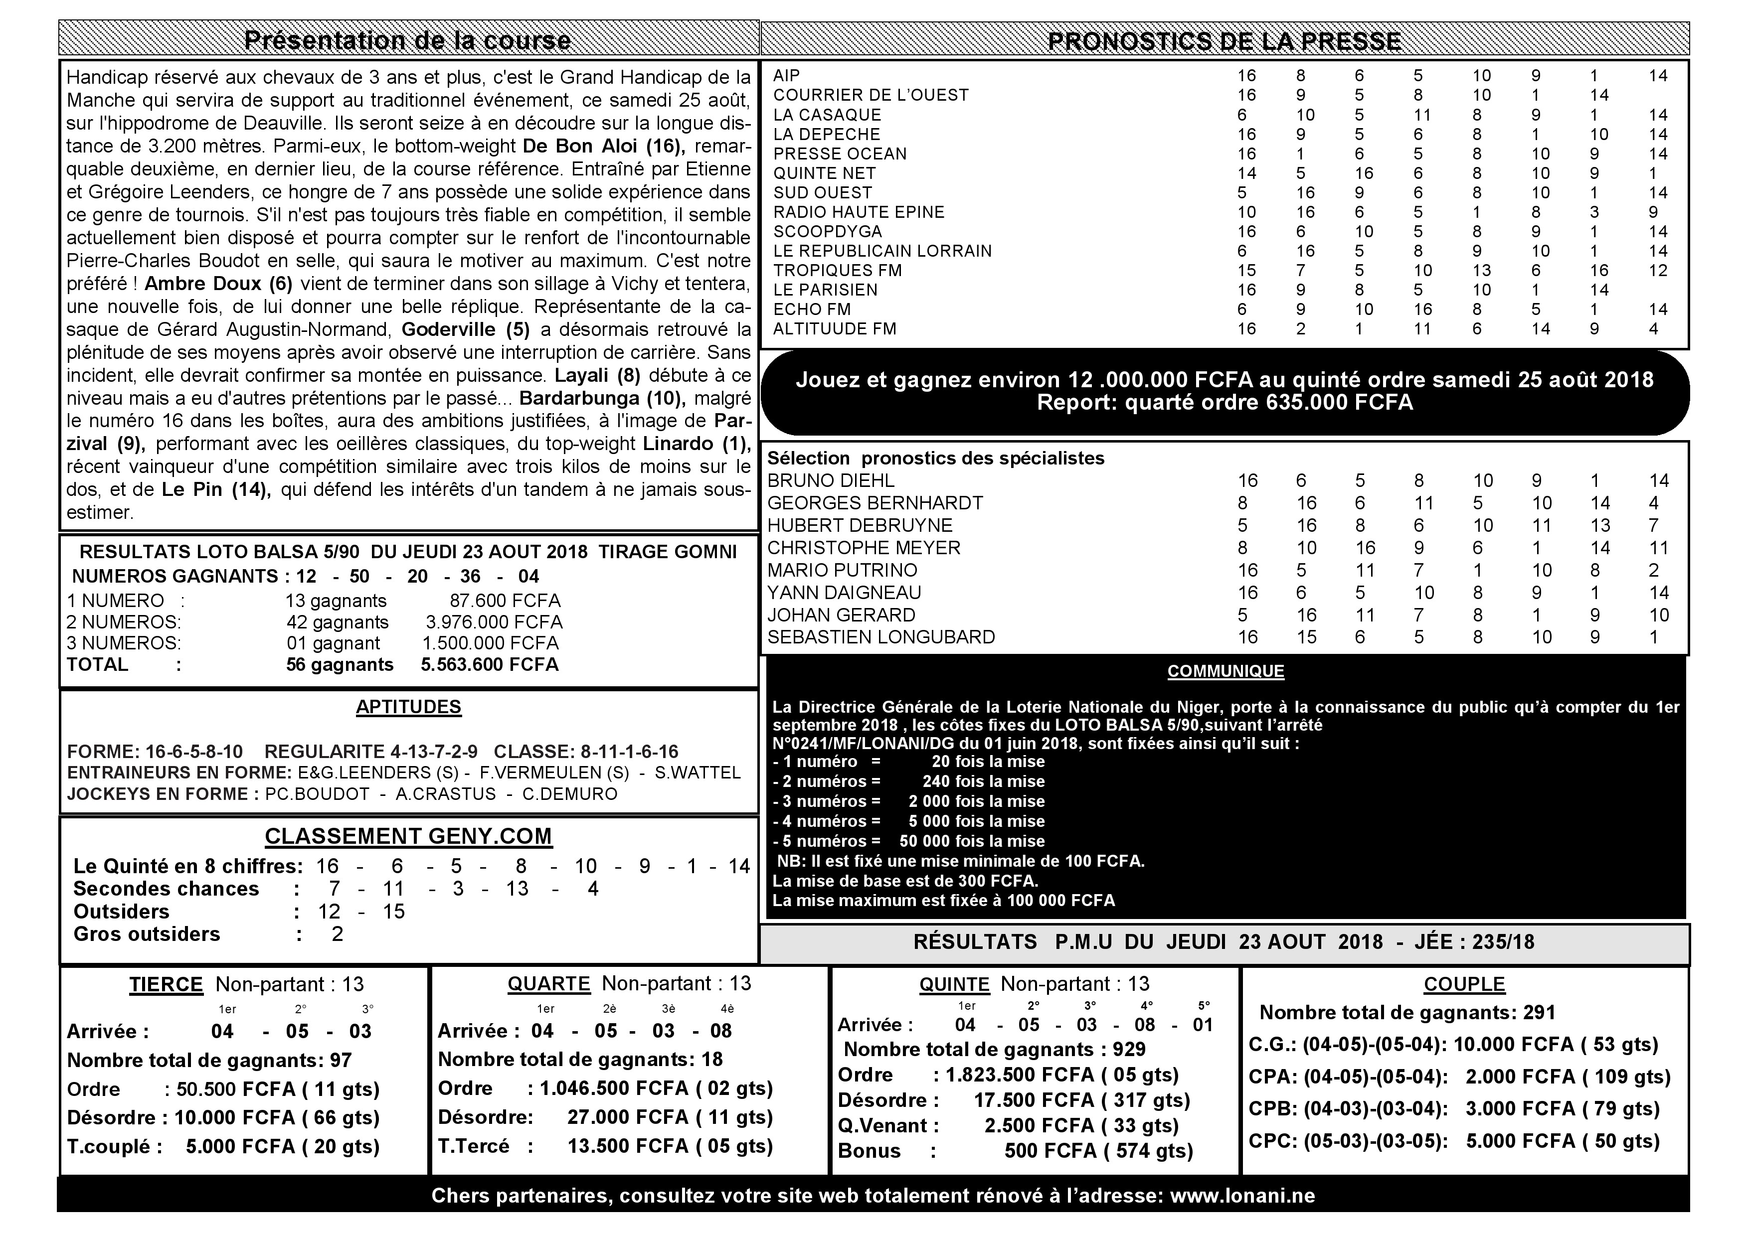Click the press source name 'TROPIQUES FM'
point(837,270)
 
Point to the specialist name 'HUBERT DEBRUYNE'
point(859,525)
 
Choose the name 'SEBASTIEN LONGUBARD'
point(880,637)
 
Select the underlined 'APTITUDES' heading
point(408,707)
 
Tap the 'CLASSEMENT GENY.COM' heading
point(408,836)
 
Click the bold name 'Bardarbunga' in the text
point(579,398)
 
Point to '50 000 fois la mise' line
point(972,841)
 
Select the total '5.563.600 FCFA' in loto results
point(490,665)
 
